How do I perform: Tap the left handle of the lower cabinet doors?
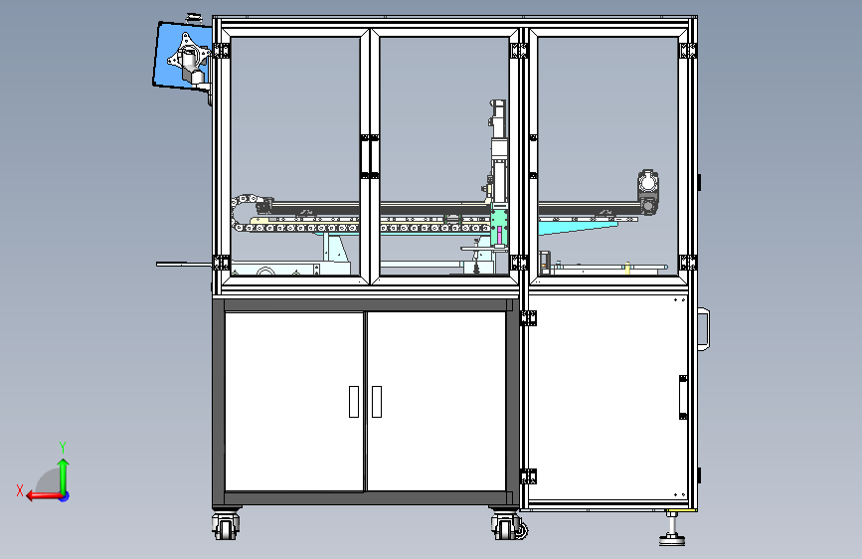(354, 402)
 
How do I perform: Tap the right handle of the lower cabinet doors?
(377, 402)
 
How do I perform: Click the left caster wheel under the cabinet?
(226, 526)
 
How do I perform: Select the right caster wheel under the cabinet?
(507, 526)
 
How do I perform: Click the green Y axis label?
(63, 447)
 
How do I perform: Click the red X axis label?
(20, 490)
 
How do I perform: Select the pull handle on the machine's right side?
(704, 328)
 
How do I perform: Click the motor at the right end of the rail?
(648, 192)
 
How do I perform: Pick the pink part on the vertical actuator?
(499, 236)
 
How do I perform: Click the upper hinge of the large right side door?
(528, 318)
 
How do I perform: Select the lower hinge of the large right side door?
(528, 476)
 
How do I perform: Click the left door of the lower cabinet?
(294, 401)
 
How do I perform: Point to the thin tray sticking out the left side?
(184, 265)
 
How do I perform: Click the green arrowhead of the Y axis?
(64, 465)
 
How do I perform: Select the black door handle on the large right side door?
(683, 397)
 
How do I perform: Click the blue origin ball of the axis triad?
(65, 496)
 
